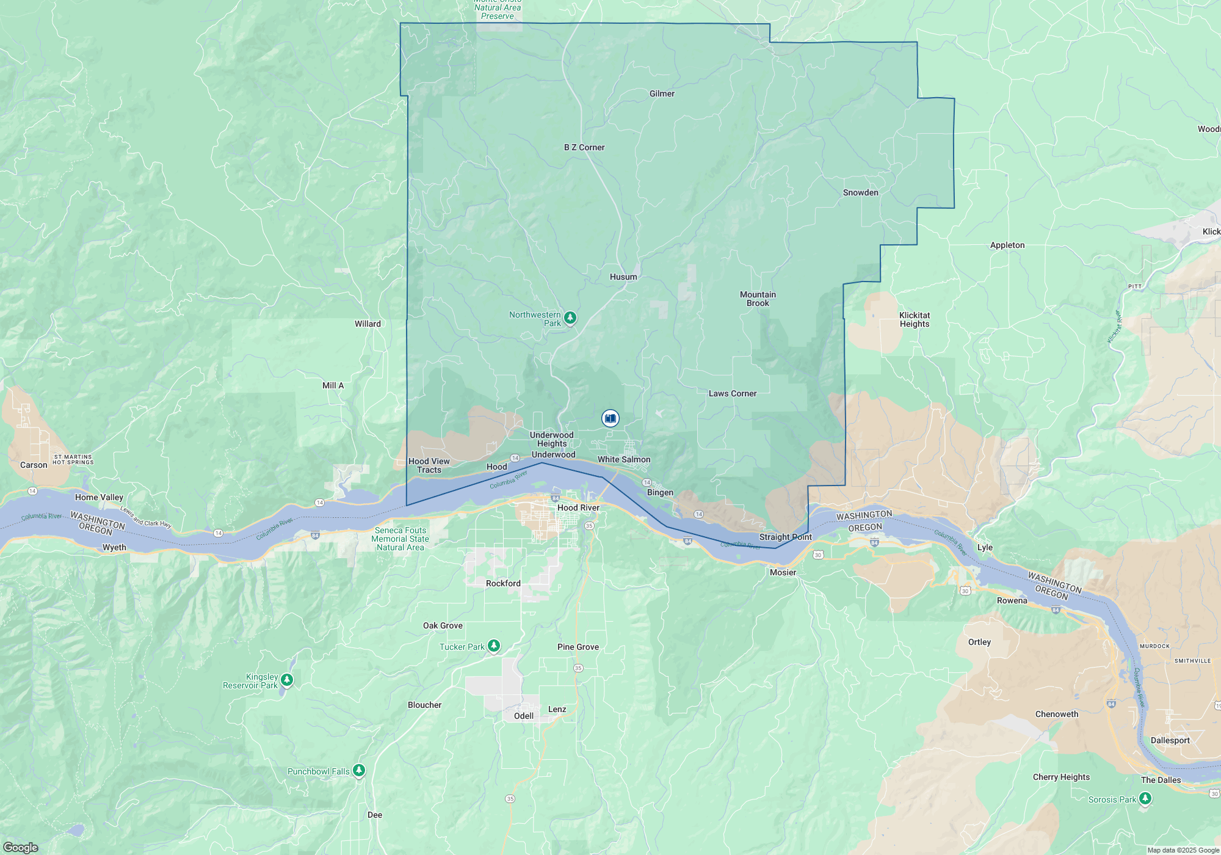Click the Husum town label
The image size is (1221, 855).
623,277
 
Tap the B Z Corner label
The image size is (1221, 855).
584,147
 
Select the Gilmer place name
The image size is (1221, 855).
662,93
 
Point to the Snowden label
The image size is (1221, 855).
860,192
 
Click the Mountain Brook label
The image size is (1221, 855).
758,299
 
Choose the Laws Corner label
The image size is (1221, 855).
732,393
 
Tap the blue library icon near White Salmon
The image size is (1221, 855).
610,418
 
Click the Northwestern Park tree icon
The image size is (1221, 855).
570,318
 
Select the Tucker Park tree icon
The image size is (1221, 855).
494,646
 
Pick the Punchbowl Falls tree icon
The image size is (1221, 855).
359,770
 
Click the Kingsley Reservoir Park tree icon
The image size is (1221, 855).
287,680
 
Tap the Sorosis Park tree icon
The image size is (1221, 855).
1145,798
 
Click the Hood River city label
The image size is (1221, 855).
578,508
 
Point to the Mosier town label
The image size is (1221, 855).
783,572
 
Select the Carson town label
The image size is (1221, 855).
34,465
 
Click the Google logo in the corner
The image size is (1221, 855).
21,847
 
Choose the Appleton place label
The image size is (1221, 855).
1007,245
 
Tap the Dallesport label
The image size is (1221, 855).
1170,740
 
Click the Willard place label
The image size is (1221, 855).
368,324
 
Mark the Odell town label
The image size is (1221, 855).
523,716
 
